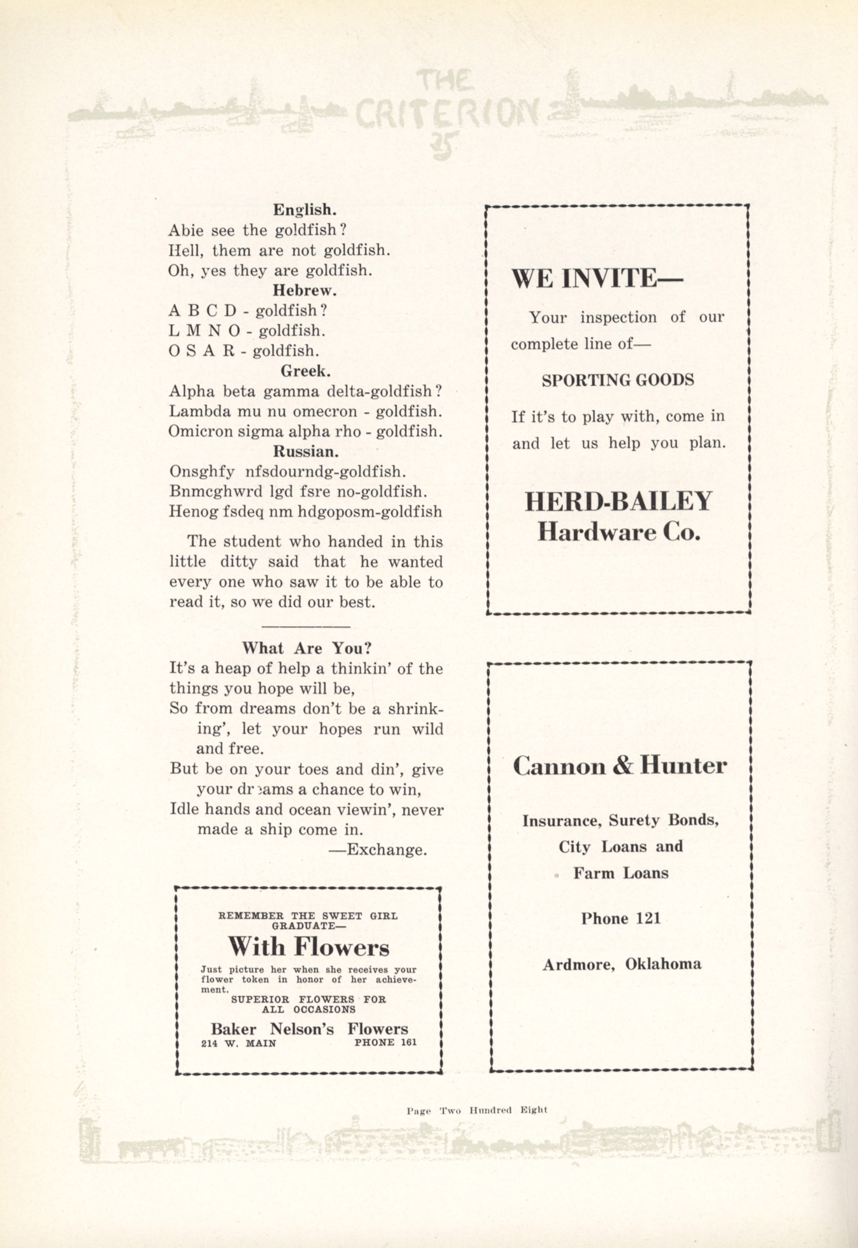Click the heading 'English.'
305,209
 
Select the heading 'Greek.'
305,371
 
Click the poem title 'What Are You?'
307,648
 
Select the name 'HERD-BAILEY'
618,502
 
